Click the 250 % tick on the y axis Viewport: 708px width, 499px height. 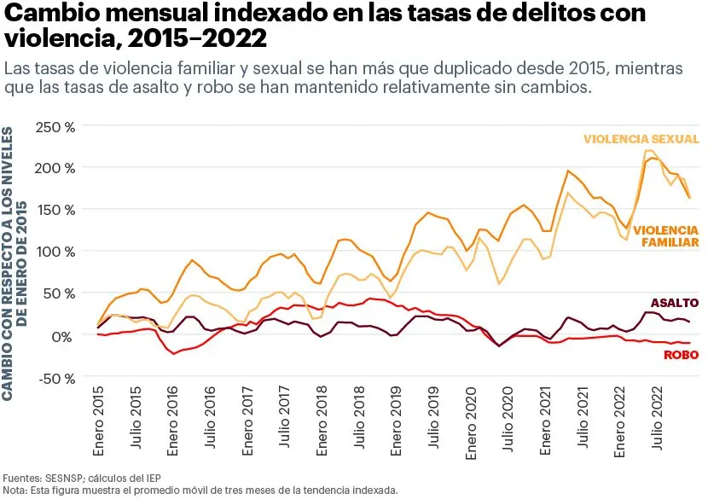tap(55, 126)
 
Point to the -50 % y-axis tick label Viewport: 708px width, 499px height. tap(55, 378)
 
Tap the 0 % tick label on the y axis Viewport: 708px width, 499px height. tap(62, 336)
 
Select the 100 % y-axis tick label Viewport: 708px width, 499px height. tap(55, 252)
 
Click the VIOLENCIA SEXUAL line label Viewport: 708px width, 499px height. tap(641, 139)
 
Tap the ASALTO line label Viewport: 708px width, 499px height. tap(674, 303)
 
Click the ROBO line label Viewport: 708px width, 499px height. tap(681, 355)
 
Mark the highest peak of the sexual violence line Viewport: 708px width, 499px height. tap(647, 151)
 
